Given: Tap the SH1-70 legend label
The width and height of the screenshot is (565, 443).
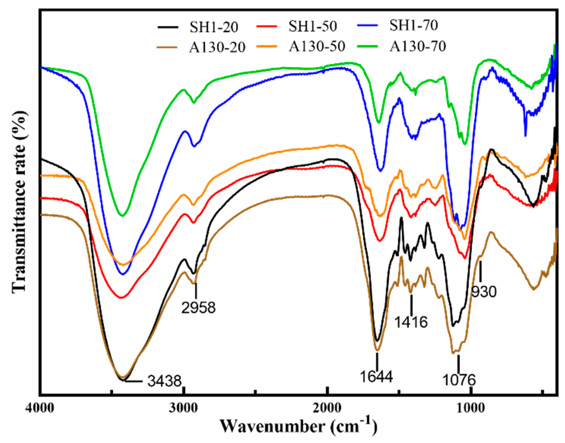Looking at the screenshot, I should (x=414, y=26).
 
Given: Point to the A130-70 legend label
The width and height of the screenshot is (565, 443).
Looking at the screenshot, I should (x=418, y=46).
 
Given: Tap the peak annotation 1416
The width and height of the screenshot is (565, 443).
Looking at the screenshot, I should (x=411, y=322).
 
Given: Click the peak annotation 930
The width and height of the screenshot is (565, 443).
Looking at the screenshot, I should (x=484, y=292).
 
